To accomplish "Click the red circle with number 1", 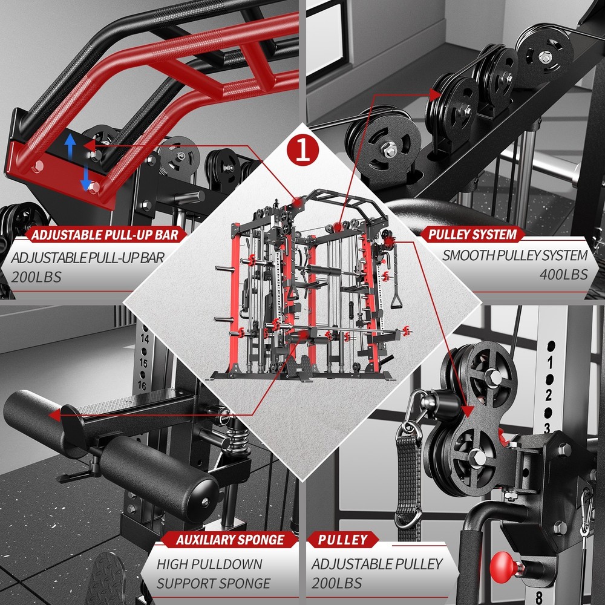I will (302, 149).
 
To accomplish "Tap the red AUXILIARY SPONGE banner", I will (230, 540).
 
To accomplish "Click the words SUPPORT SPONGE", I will (213, 583).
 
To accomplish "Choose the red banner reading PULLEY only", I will (342, 540).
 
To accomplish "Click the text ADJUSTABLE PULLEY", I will (377, 564).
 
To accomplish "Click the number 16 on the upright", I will (142, 385).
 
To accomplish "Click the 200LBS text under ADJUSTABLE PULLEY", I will (337, 583).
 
